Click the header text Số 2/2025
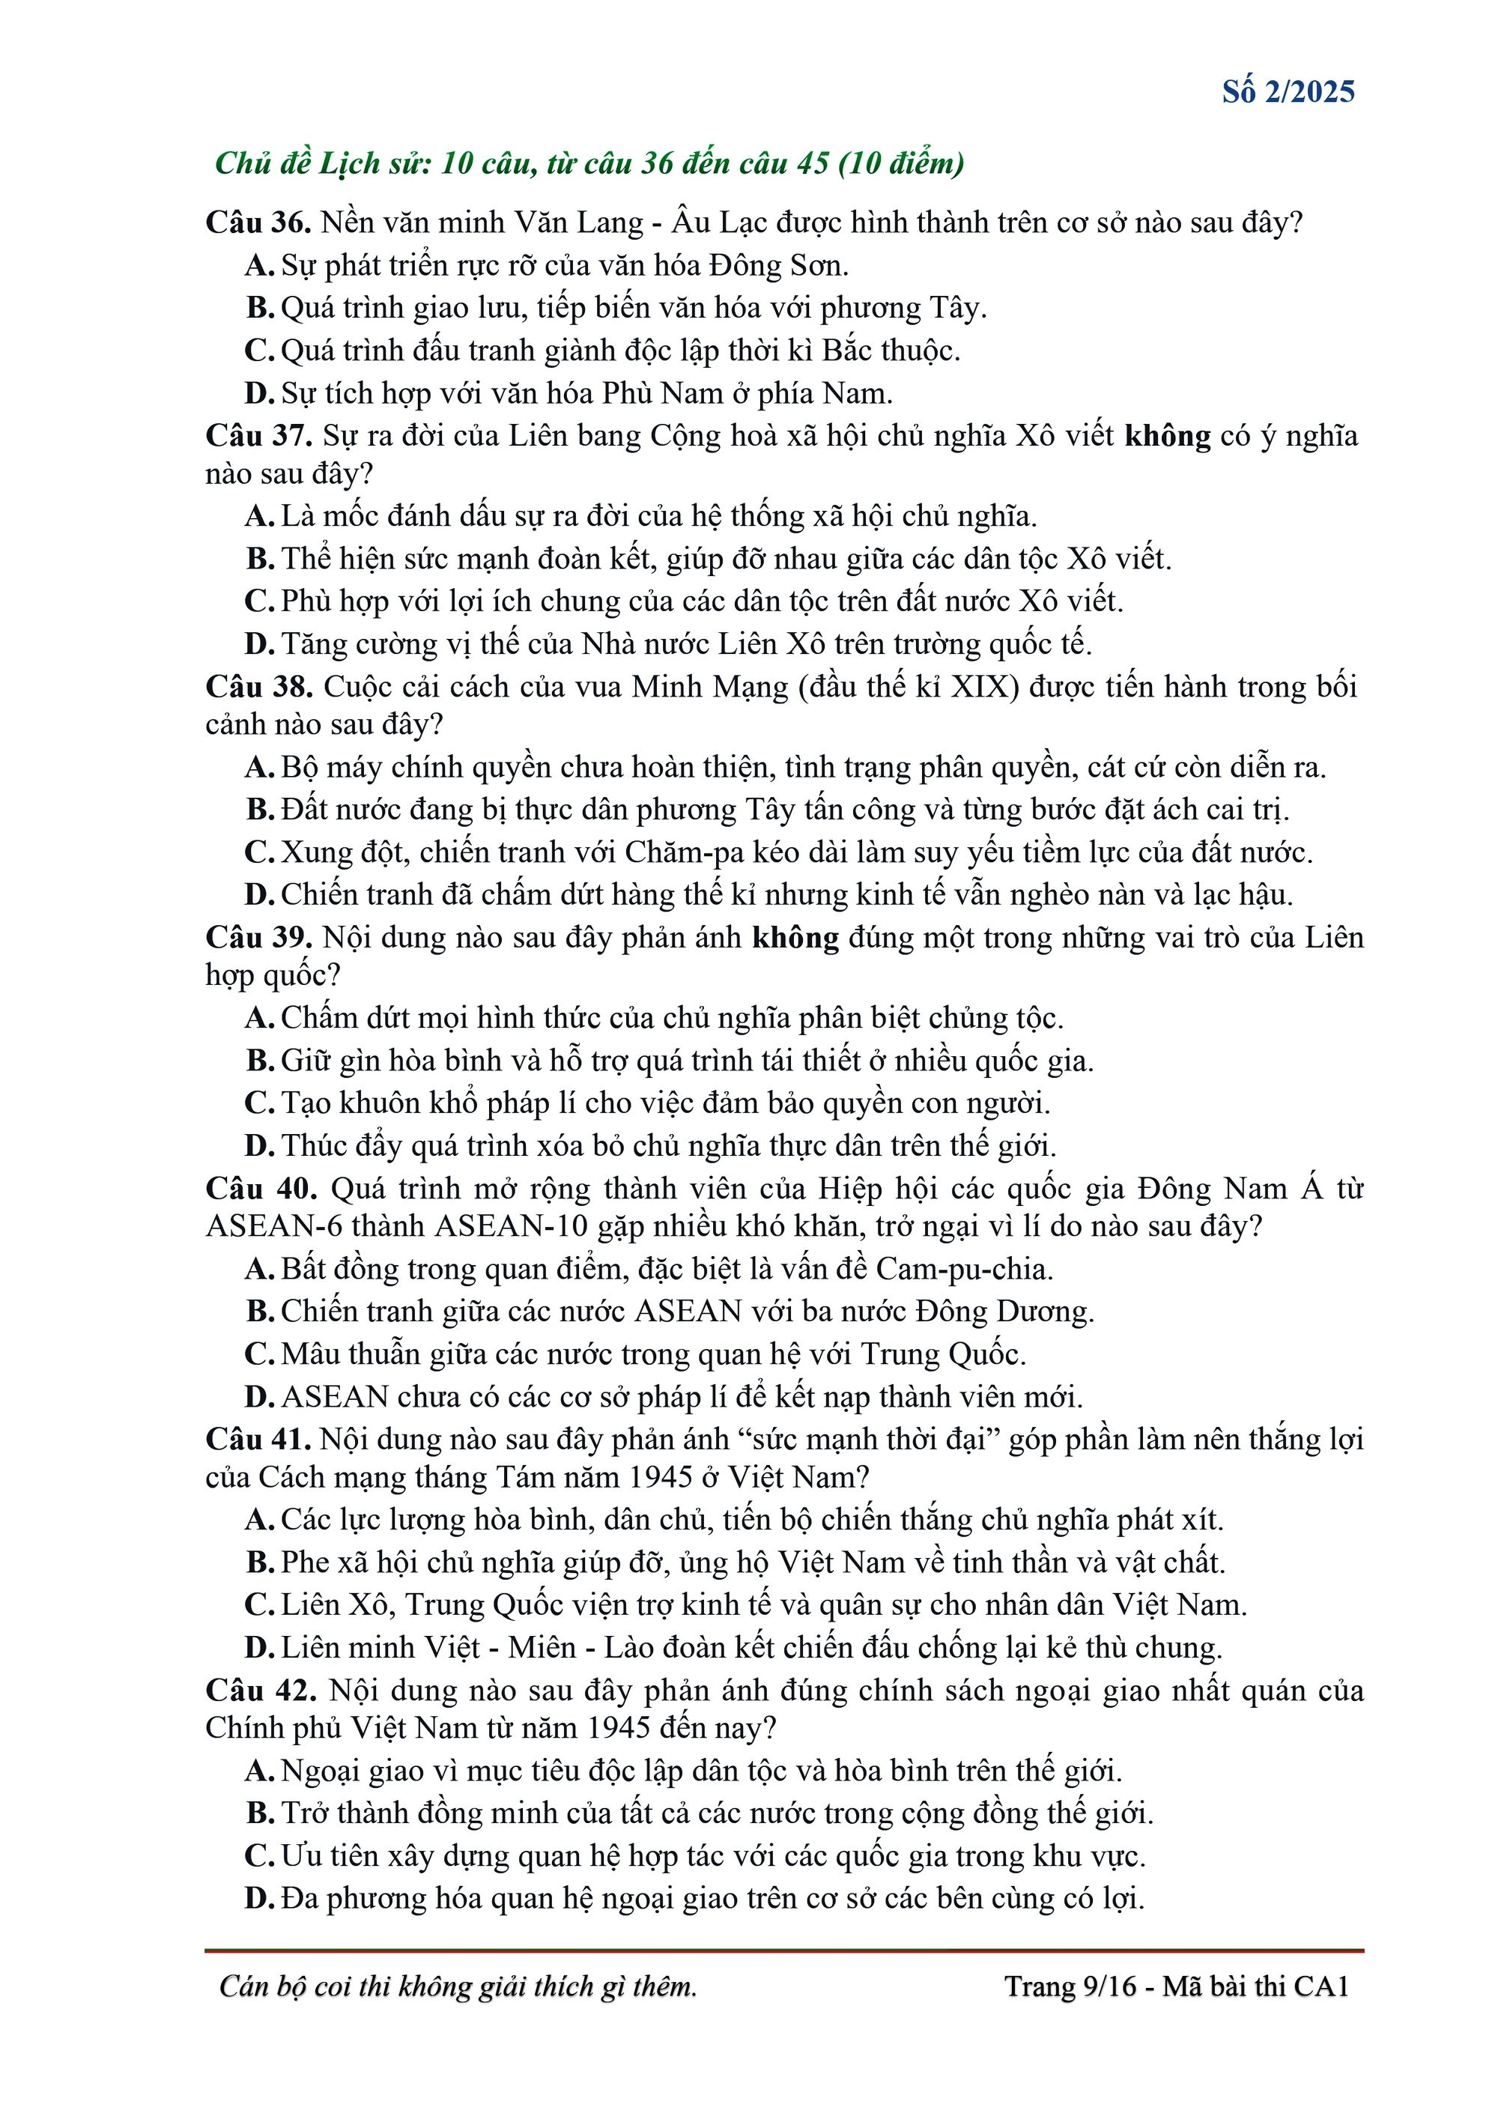coord(1288,91)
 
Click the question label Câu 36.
coord(258,222)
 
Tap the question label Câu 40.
coord(259,1188)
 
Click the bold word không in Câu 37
coord(1167,436)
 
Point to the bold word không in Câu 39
coord(795,938)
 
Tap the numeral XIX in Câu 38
coord(984,687)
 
